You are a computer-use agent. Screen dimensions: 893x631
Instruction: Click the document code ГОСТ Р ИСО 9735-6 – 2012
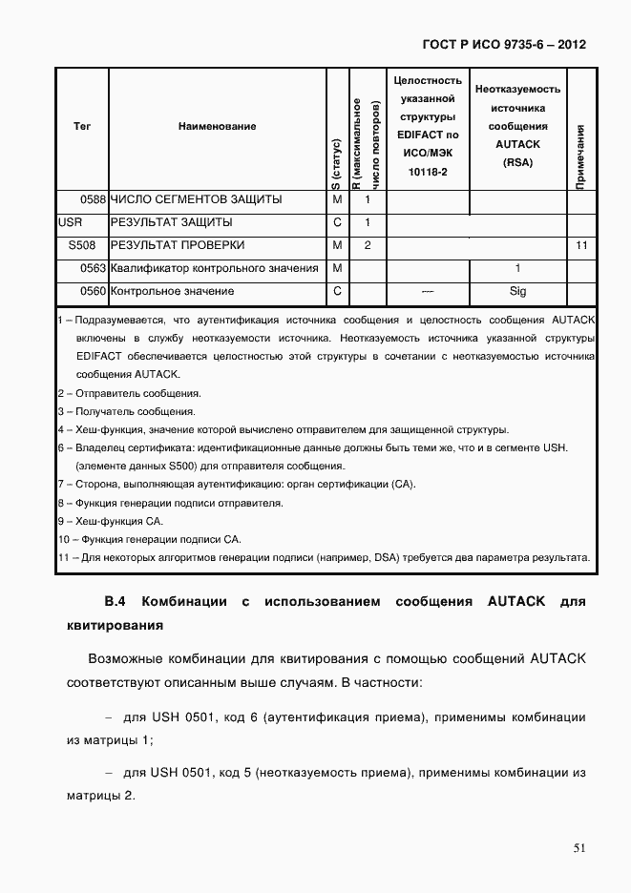(503, 44)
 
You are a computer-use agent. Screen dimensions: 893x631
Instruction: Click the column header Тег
(82, 126)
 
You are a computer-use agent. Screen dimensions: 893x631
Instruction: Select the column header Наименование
(217, 126)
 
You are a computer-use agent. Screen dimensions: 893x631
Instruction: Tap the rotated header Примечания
(580, 156)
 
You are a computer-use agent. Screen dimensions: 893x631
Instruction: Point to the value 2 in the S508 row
(367, 245)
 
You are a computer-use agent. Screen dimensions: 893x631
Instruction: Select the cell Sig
(517, 291)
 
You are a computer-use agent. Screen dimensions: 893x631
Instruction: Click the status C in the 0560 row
(337, 291)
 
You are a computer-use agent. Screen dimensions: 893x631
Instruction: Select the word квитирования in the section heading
(115, 627)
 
